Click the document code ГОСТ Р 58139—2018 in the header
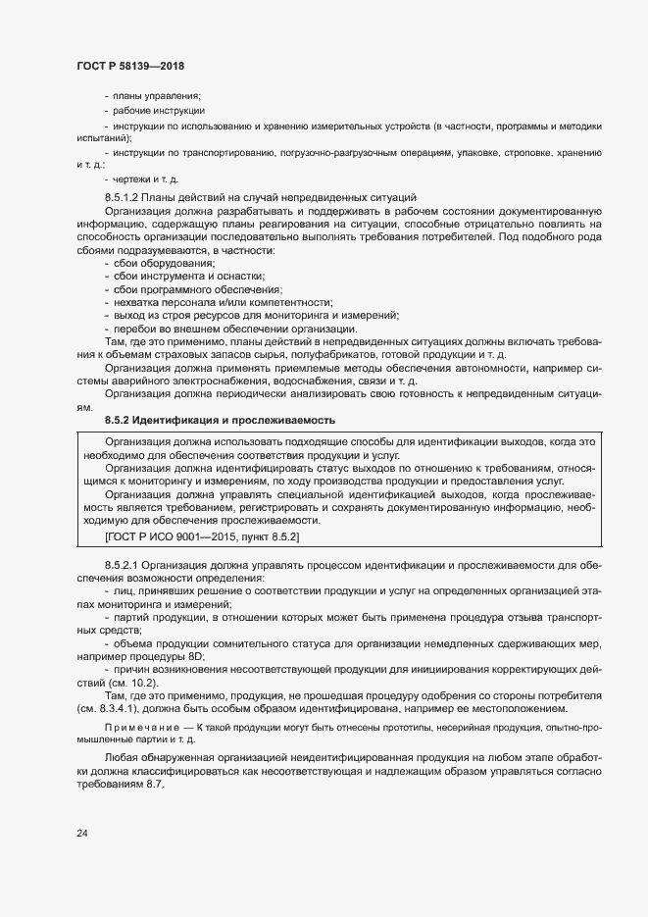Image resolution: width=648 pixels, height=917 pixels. pyautogui.click(x=129, y=66)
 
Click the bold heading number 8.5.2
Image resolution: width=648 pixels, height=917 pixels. pyautogui.click(x=118, y=420)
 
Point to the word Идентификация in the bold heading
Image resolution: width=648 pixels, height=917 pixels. pyautogui.click(x=176, y=420)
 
